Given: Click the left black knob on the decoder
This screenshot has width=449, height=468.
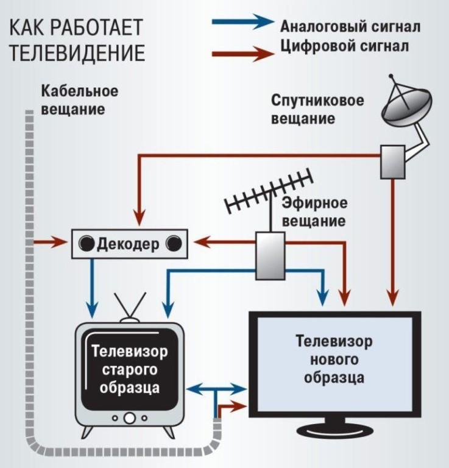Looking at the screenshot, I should tap(88, 245).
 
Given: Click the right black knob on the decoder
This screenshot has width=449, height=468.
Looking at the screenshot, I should tap(174, 245).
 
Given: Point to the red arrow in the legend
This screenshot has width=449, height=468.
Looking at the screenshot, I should tap(242, 54).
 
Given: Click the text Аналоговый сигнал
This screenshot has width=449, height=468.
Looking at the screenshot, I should tap(350, 27).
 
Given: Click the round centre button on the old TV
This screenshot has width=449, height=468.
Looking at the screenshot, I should tap(130, 419).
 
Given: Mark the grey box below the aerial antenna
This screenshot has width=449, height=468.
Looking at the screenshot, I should tap(269, 257).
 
